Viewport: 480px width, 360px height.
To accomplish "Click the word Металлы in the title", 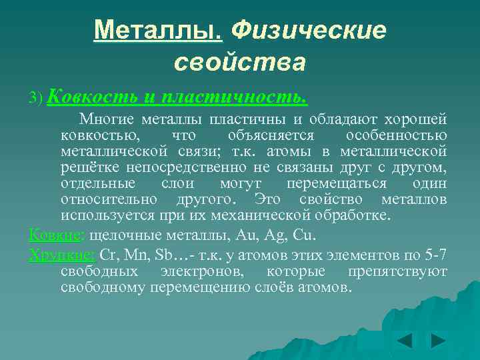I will coord(157,30).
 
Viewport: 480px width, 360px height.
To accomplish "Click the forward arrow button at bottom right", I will coord(438,341).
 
